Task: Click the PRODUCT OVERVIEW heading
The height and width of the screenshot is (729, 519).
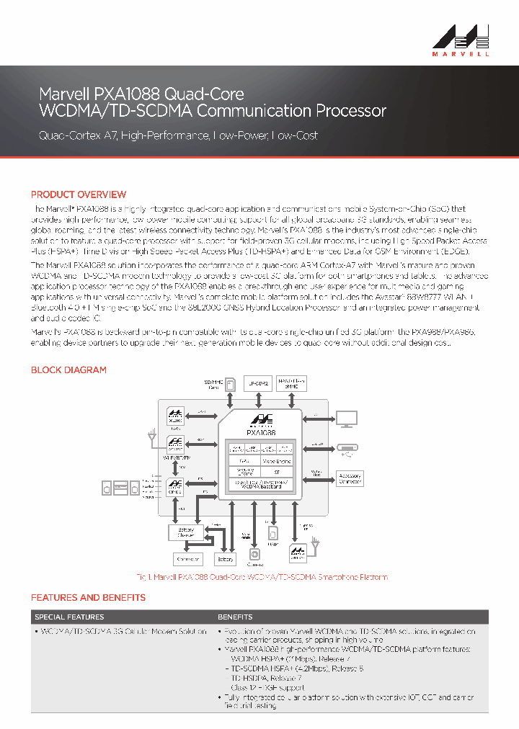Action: tap(79, 194)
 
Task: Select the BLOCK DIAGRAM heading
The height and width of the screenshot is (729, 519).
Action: tap(68, 370)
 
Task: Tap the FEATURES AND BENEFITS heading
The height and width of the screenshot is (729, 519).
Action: tap(88, 597)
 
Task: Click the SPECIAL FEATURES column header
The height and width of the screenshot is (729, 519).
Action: tap(69, 617)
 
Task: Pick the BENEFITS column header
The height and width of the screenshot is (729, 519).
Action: tap(235, 617)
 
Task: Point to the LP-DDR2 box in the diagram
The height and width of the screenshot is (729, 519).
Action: tap(259, 384)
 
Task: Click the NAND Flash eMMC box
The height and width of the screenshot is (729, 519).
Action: tap(292, 383)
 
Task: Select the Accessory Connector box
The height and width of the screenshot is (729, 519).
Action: tap(350, 478)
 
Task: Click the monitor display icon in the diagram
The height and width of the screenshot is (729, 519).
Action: tap(347, 418)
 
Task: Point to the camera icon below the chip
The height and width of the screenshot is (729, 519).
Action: tap(254, 554)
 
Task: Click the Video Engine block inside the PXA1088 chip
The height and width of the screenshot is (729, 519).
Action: tap(276, 460)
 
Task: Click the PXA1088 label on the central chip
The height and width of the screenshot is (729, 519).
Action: tap(261, 432)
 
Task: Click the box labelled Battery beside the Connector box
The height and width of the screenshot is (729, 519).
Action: tap(226, 559)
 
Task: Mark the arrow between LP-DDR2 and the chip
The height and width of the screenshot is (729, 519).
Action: tap(259, 400)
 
